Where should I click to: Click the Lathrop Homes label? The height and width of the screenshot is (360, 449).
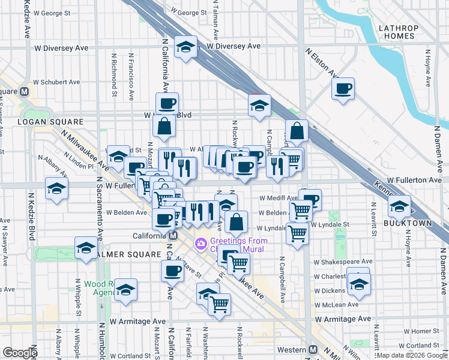[x=397, y=32]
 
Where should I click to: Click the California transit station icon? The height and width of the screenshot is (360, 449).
[x=173, y=236]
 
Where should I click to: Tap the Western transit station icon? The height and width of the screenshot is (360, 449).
[x=312, y=350]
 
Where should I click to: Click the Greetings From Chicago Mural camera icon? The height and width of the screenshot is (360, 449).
[x=200, y=244]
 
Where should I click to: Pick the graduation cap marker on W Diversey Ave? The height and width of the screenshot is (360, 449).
[x=186, y=47]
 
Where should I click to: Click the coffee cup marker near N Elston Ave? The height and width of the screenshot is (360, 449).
[x=343, y=89]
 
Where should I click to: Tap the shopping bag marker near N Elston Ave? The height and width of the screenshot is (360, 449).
[x=297, y=130]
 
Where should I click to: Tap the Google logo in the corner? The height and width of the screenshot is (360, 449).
[x=20, y=353]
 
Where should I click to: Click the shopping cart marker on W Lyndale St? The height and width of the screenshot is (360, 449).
[x=297, y=233]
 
